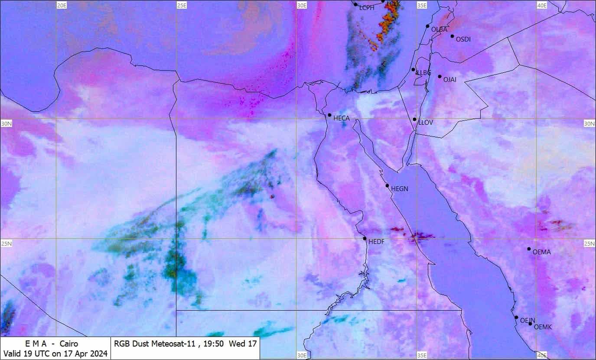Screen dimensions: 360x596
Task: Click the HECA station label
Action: tap(341, 118)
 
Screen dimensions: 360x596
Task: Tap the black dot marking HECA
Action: tap(329, 115)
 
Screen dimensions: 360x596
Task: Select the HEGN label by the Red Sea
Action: tap(399, 189)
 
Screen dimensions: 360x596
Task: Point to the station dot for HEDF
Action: tap(365, 238)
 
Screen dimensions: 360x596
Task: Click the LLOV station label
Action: tap(425, 123)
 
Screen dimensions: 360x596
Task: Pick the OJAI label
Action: tap(450, 80)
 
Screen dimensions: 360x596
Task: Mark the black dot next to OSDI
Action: tap(452, 36)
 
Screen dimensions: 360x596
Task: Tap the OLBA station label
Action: tap(439, 29)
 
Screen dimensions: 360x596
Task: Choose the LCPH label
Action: tap(367, 7)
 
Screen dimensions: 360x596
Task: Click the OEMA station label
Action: tap(542, 252)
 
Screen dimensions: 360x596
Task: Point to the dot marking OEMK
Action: tap(530, 324)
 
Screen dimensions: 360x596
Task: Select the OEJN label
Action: tap(528, 321)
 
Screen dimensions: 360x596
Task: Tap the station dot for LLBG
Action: tap(413, 69)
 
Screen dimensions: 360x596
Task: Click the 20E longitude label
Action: tap(62, 5)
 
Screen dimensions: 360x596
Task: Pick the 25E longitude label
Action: tap(182, 5)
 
